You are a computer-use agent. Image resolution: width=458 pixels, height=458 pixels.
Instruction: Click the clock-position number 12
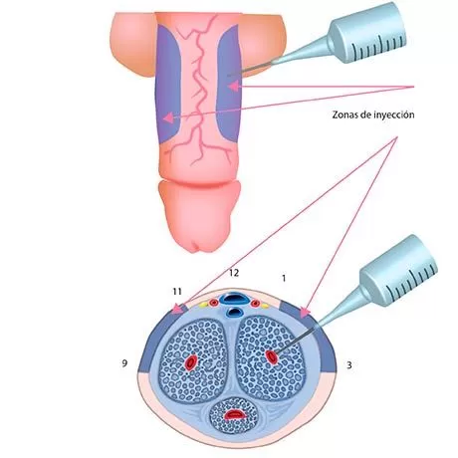point(234,273)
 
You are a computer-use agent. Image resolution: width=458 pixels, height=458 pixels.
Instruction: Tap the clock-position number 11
point(177,292)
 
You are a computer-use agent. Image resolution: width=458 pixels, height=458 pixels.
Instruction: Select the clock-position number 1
point(284,278)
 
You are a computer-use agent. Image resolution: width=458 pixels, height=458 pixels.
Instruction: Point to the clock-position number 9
point(124,363)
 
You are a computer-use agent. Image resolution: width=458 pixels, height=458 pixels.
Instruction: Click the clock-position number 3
point(349,365)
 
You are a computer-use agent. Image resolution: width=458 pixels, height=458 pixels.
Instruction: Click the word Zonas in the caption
point(343,114)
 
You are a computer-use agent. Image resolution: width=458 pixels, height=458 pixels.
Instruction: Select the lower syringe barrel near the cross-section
point(398,270)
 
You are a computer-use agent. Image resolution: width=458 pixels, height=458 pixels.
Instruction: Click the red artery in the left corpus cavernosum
point(191,362)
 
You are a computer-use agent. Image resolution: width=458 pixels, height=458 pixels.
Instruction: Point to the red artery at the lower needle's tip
point(272,357)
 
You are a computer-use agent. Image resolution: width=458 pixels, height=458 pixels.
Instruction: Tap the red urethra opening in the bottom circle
point(235,413)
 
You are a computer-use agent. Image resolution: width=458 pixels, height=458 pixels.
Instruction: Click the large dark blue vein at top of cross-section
point(235,299)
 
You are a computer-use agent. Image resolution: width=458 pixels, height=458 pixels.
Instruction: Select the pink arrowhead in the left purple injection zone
point(168,117)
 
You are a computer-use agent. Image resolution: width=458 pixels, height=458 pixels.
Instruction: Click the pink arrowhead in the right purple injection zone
point(233,87)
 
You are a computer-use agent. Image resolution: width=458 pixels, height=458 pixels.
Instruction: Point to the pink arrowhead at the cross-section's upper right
point(305,313)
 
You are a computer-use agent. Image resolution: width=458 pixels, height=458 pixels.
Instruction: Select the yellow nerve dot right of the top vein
point(265,306)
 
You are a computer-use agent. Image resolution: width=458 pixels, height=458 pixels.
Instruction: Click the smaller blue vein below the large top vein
point(235,312)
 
